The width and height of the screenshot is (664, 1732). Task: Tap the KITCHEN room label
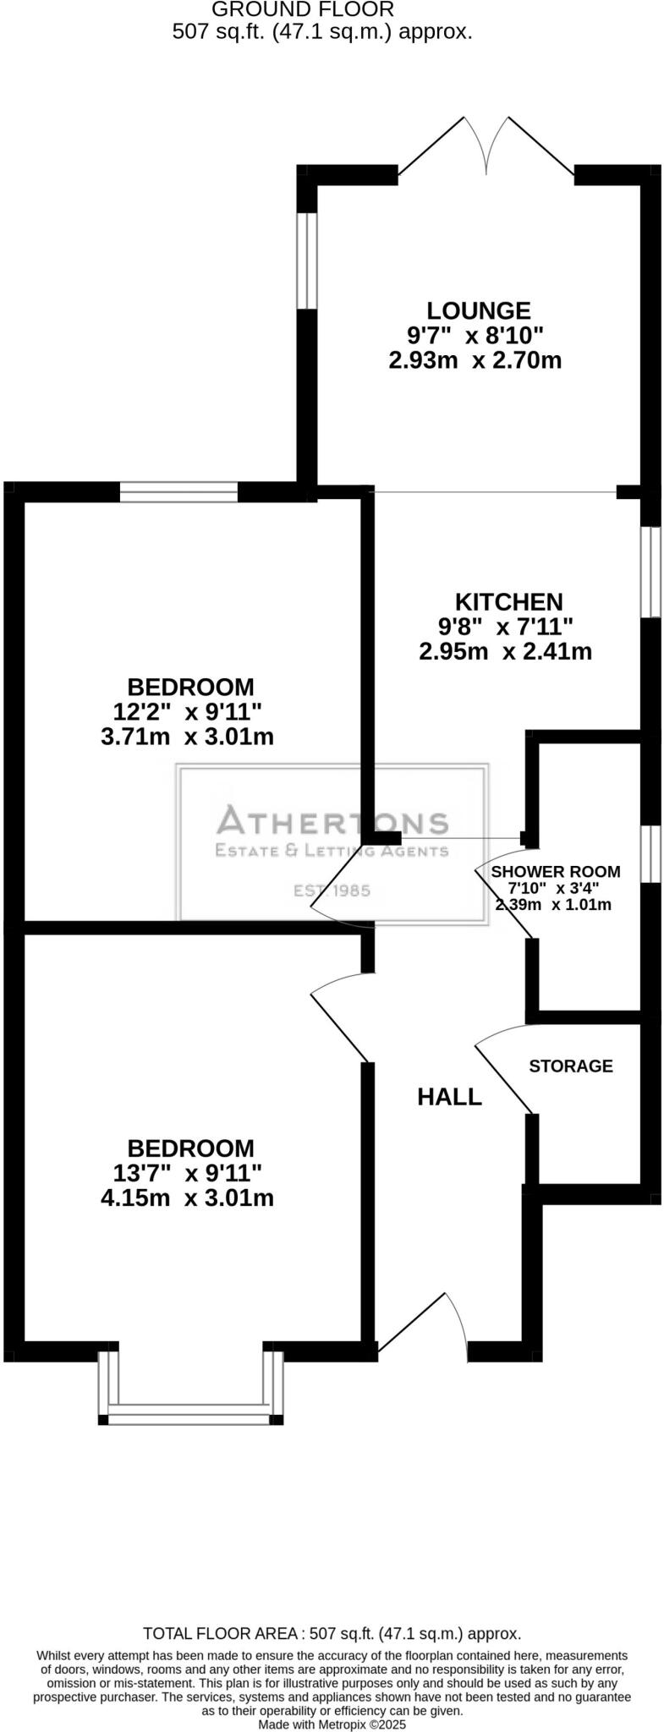click(x=508, y=601)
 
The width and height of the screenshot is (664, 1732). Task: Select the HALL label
click(x=449, y=1097)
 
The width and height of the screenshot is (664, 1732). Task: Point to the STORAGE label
click(x=571, y=1066)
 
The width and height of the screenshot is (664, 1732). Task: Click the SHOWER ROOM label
click(x=556, y=871)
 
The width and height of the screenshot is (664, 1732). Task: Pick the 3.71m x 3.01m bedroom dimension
click(x=187, y=737)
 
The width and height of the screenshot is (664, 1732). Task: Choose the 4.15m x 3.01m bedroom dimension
click(x=187, y=1198)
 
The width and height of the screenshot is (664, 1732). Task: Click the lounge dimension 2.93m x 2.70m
click(x=475, y=361)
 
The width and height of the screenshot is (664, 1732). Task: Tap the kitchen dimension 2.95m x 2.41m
click(x=505, y=652)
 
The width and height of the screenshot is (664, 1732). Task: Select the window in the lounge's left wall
click(x=306, y=260)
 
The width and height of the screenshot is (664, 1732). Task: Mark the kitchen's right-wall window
click(x=650, y=573)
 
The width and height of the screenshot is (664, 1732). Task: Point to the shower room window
click(x=650, y=853)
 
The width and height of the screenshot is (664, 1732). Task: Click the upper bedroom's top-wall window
click(x=178, y=491)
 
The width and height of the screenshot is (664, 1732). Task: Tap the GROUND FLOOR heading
click(x=302, y=10)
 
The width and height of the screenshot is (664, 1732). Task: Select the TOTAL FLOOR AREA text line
click(x=332, y=1633)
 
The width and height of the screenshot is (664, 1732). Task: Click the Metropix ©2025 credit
click(x=332, y=1724)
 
